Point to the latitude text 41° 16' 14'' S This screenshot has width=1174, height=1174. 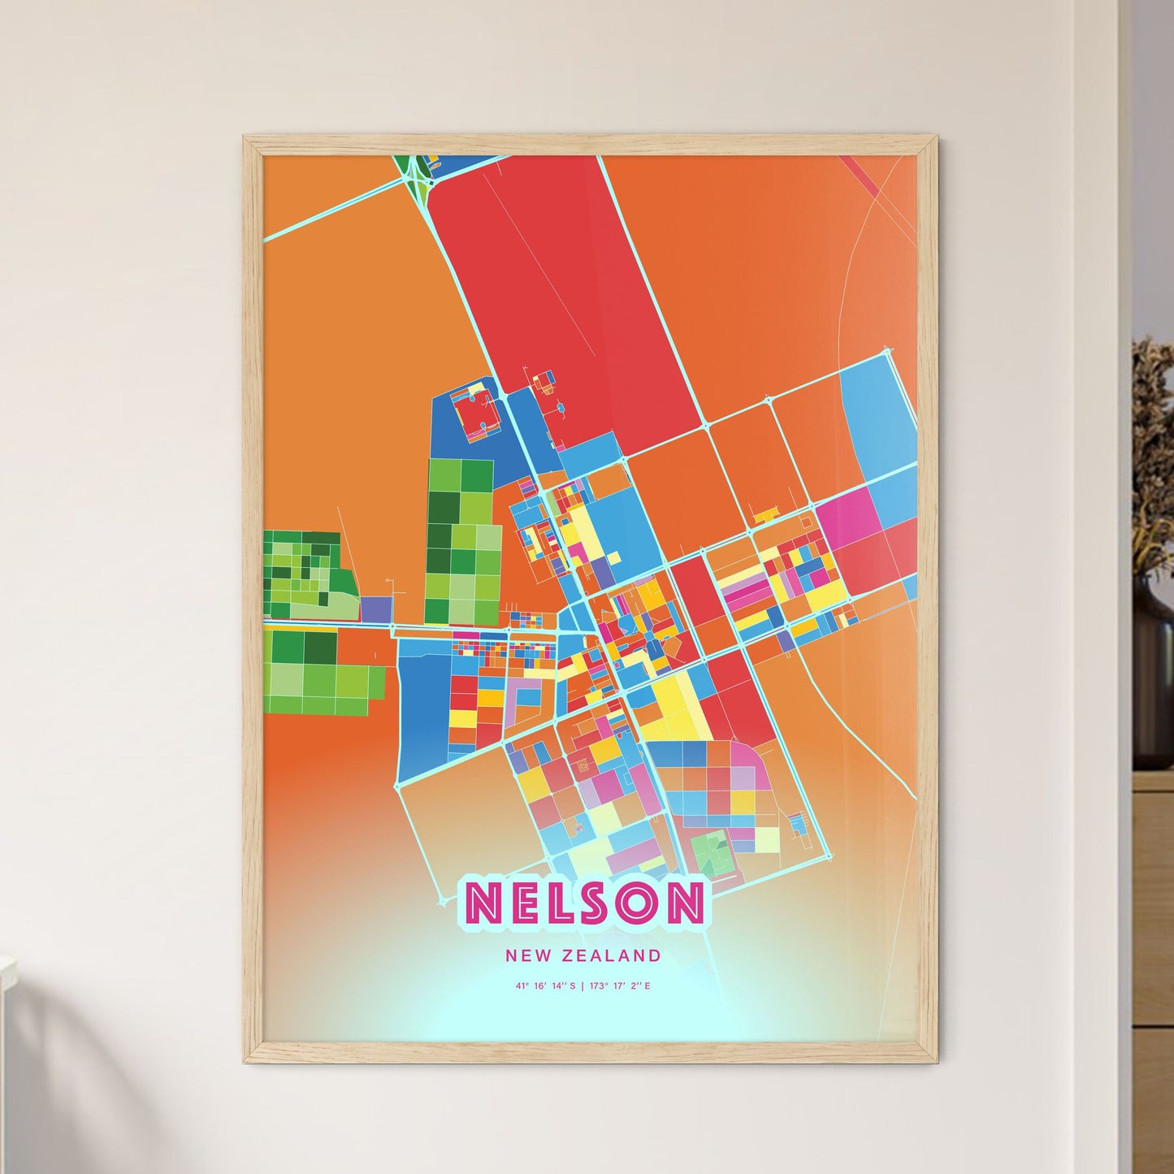544,986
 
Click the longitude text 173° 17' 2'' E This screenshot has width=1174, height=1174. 620,986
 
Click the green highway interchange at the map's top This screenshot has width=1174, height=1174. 415,173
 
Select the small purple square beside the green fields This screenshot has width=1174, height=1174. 375,609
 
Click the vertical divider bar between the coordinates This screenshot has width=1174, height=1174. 582,986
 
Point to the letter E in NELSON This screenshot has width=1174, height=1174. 524,903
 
